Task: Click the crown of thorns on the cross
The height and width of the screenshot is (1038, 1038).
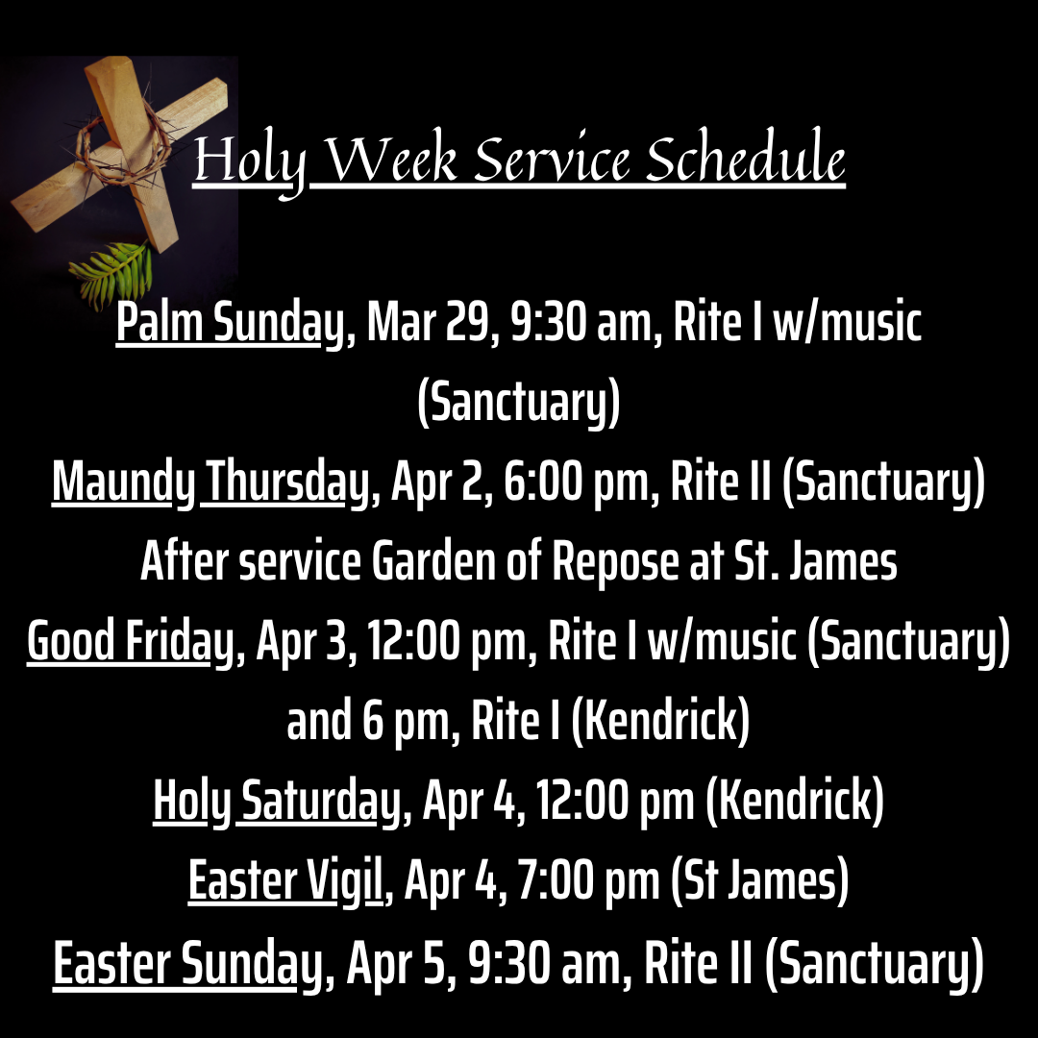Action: click(x=118, y=148)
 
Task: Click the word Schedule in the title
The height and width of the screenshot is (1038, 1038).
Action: click(x=746, y=157)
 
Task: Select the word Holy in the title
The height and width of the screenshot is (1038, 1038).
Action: click(x=250, y=162)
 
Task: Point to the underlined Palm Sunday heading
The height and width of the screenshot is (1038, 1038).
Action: click(x=231, y=323)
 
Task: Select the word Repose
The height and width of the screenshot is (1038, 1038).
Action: click(x=615, y=562)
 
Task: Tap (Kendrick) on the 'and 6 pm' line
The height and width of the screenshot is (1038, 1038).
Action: click(x=660, y=721)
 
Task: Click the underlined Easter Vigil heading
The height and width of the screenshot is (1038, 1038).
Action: click(x=285, y=881)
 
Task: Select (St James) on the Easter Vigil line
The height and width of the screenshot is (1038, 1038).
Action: click(x=760, y=881)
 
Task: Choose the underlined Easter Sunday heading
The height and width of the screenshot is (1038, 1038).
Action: click(x=186, y=964)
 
